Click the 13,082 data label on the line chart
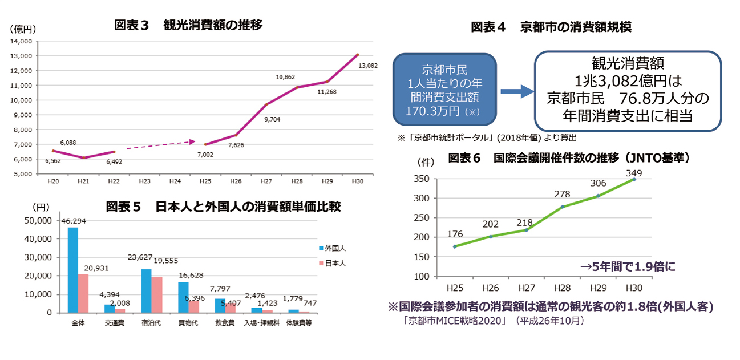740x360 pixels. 367,66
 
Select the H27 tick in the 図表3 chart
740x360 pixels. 266,181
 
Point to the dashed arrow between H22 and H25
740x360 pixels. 160,145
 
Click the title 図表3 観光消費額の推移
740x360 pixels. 188,25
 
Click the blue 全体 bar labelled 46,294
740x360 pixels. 73,270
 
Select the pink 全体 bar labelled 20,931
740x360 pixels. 83,293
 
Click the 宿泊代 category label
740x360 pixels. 151,323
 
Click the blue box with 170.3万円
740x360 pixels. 444,90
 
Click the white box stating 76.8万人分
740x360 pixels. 628,90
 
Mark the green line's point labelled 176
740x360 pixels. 454,246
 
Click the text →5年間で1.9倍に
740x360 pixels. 628,266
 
